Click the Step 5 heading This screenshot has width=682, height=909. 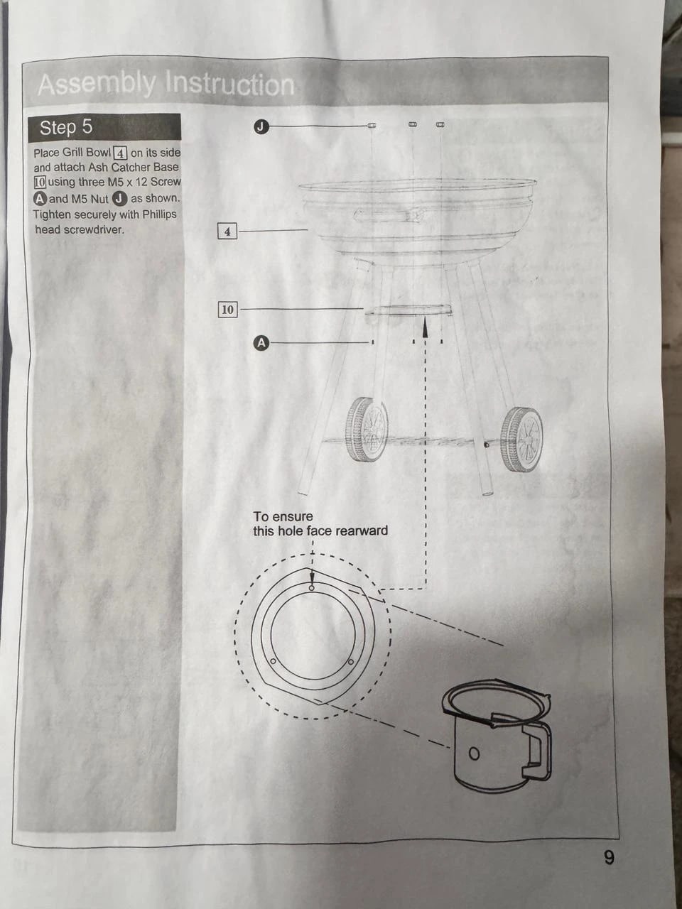click(66, 127)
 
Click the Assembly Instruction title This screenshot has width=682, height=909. click(166, 84)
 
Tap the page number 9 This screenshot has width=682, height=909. click(609, 857)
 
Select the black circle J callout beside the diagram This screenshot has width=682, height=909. click(261, 126)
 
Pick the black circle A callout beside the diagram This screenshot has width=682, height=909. click(261, 343)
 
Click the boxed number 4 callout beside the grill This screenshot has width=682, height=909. click(227, 232)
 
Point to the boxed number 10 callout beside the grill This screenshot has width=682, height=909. click(228, 310)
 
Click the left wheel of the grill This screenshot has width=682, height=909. click(367, 429)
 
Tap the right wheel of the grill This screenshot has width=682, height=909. click(521, 440)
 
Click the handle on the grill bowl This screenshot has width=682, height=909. click(389, 215)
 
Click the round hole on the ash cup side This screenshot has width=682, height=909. click(474, 753)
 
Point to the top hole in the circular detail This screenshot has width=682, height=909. click(312, 587)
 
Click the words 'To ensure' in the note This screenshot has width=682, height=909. click(283, 516)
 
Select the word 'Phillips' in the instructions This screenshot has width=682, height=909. click(159, 214)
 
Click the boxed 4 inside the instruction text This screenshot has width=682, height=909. click(120, 153)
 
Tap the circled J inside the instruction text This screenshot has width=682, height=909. click(120, 199)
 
